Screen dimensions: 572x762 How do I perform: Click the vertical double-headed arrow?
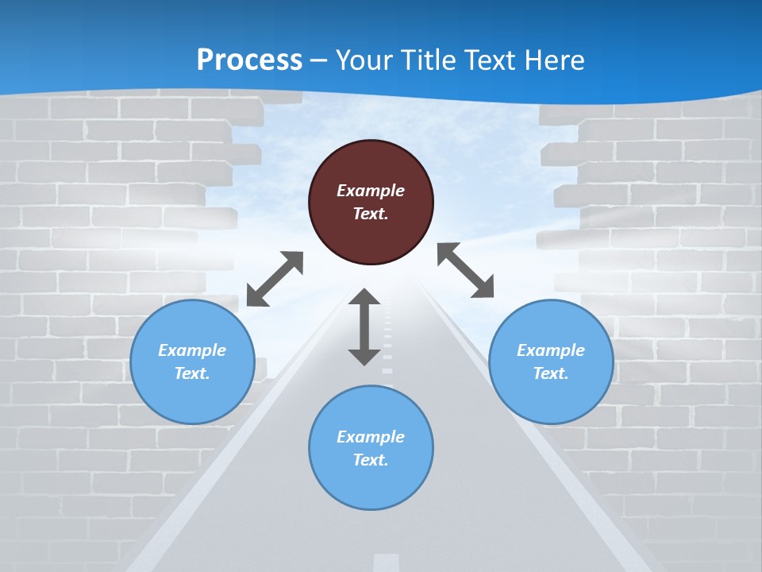364,327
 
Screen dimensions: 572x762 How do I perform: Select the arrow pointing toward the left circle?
275,278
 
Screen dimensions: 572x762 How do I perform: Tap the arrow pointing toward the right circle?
465,270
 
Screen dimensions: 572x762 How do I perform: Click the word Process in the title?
249,60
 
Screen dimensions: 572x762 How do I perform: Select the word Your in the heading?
364,60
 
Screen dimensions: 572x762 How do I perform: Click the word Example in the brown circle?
371,191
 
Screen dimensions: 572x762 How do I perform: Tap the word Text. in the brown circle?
371,214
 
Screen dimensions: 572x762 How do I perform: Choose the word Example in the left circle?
192,350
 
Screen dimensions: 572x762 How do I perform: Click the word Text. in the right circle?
551,373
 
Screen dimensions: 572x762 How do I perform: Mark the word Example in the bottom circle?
371,437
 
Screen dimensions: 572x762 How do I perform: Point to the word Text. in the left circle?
192,373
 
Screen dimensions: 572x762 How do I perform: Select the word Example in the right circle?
551,350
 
